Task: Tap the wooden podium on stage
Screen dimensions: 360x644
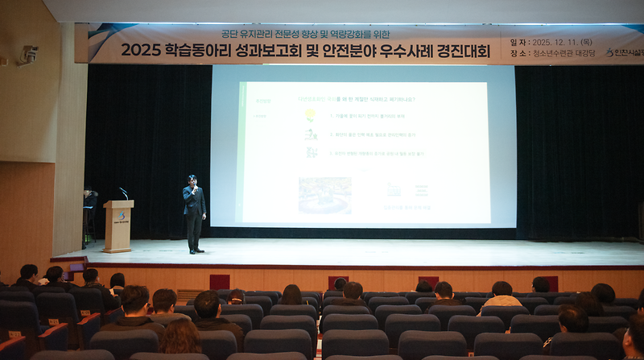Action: click(118, 226)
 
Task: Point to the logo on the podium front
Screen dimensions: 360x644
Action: click(121, 216)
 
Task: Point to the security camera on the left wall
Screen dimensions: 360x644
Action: click(29, 54)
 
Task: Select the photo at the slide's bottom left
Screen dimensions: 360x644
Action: click(324, 195)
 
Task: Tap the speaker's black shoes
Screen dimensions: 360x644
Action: click(194, 250)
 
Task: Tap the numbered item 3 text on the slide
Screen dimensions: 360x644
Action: click(377, 153)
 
